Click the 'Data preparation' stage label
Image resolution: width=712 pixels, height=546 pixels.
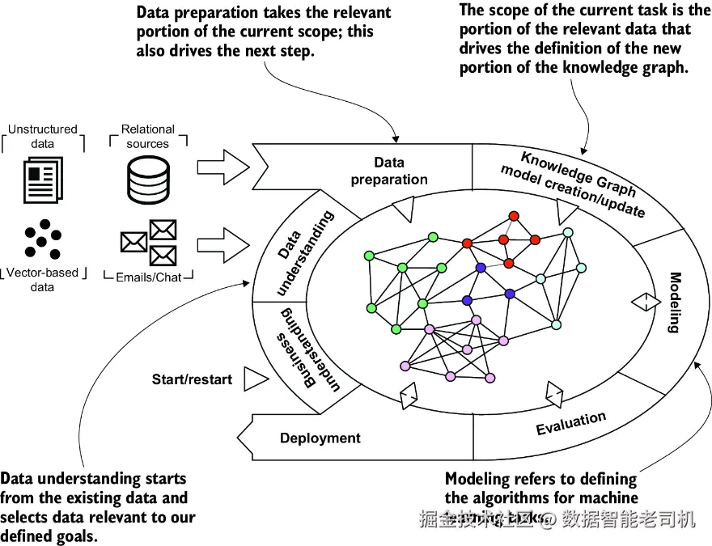pos(389,171)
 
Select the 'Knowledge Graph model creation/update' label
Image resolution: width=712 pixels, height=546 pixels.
pos(573,184)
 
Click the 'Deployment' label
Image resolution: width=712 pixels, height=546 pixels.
pos(320,438)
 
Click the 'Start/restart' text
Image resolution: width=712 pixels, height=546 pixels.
pos(192,379)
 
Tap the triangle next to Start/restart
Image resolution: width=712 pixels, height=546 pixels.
pos(255,379)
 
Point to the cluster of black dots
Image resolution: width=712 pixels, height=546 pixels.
pos(43,239)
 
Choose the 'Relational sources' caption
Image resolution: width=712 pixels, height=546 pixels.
pos(147,136)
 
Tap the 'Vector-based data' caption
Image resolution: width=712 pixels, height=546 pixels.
pos(43,280)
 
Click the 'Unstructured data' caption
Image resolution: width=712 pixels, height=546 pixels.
pos(43,136)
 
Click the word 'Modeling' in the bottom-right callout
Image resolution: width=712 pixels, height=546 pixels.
pos(476,479)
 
